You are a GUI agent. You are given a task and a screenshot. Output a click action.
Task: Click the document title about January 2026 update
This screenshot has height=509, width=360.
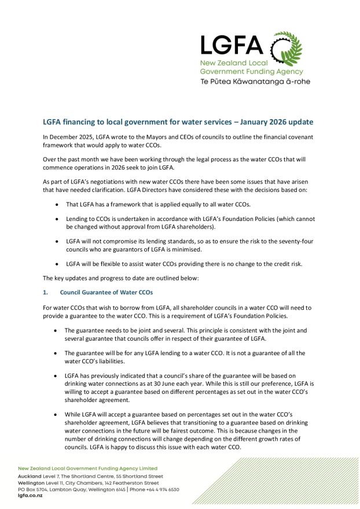click(178, 122)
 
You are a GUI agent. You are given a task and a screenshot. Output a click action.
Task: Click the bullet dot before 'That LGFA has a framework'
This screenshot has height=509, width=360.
click(56, 205)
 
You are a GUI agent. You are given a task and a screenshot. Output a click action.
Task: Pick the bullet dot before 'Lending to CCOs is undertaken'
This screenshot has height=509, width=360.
click(56, 219)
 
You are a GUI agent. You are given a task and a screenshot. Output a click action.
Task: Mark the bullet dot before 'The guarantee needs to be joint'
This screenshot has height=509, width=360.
click(56, 330)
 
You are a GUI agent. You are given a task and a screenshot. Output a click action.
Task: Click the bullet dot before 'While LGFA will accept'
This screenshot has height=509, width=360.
click(56, 415)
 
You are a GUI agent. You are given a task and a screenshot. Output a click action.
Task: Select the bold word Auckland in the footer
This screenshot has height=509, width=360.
click(30, 475)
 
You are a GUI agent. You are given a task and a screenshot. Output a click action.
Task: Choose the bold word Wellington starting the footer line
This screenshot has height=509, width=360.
click(32, 482)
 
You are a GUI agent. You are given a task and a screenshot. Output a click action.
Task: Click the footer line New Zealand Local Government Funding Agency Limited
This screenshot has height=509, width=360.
click(87, 468)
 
